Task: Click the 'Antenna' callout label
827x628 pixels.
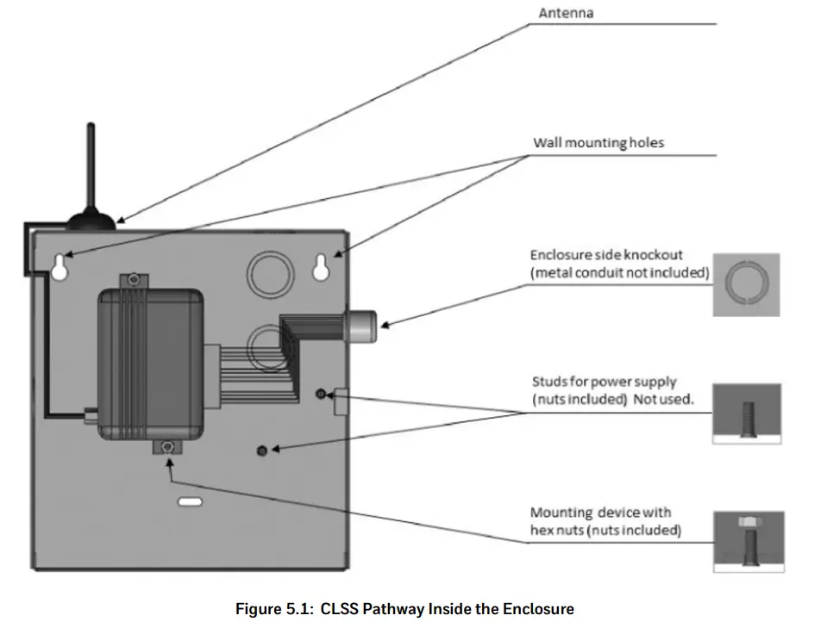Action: coord(565,13)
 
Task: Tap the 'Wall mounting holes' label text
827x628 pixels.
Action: coord(598,143)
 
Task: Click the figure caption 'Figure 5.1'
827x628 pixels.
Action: coord(404,609)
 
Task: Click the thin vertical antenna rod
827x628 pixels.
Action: coord(91,164)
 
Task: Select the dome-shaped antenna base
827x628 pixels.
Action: coord(91,219)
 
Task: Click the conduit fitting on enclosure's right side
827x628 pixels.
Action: coord(360,325)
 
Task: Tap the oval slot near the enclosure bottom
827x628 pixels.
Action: coord(189,501)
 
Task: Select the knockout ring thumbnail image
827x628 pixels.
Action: coord(746,284)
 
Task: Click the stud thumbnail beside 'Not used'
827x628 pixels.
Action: coord(747,413)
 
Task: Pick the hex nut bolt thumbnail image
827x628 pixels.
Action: coord(749,541)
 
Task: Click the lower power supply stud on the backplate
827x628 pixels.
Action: coord(263,450)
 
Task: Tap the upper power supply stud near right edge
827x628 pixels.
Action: coord(321,394)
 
